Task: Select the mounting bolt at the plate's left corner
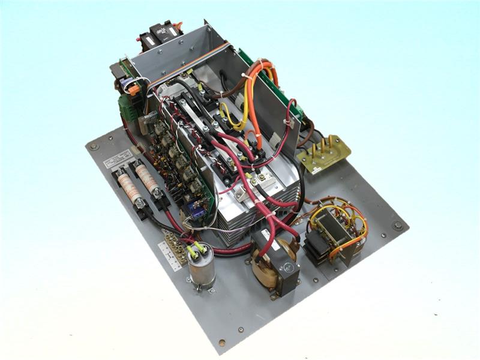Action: [x=94, y=146]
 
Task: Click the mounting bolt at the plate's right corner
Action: [x=397, y=226]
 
